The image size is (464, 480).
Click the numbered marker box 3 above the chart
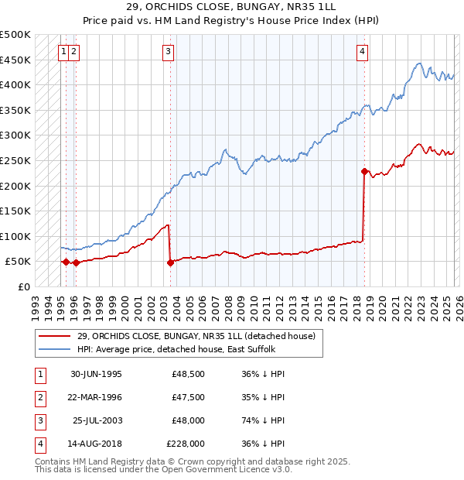[168, 52]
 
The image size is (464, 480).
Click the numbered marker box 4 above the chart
[362, 52]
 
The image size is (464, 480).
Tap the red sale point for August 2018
[364, 171]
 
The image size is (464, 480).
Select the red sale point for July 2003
[170, 262]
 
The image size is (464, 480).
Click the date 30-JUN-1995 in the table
[96, 374]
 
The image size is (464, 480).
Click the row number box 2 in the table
[39, 397]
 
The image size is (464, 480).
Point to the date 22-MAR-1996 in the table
[96, 397]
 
